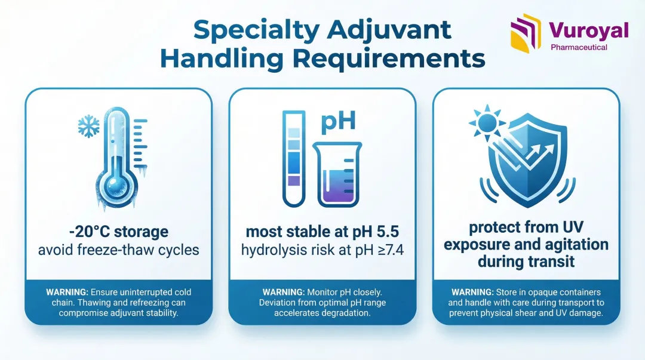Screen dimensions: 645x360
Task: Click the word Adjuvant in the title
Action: pyautogui.click(x=389, y=30)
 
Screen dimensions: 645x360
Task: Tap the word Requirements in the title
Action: pyautogui.click(x=389, y=58)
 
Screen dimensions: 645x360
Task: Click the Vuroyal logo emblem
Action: pyautogui.click(x=526, y=33)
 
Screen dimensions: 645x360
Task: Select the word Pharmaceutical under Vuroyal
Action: pyautogui.click(x=579, y=47)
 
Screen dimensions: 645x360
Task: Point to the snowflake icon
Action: pyautogui.click(x=89, y=127)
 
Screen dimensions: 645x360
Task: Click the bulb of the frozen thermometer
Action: pyautogui.click(x=117, y=187)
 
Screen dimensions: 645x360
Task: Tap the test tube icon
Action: pyautogui.click(x=294, y=158)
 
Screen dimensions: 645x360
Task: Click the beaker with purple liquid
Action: pyautogui.click(x=337, y=174)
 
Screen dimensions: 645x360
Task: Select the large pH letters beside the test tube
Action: pyautogui.click(x=337, y=121)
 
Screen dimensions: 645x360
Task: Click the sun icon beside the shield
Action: pyautogui.click(x=487, y=122)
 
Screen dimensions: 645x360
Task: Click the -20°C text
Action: pyautogui.click(x=89, y=232)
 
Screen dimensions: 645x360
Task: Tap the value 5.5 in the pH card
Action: pyautogui.click(x=388, y=232)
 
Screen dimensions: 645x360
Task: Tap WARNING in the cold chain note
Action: pyautogui.click(x=67, y=292)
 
